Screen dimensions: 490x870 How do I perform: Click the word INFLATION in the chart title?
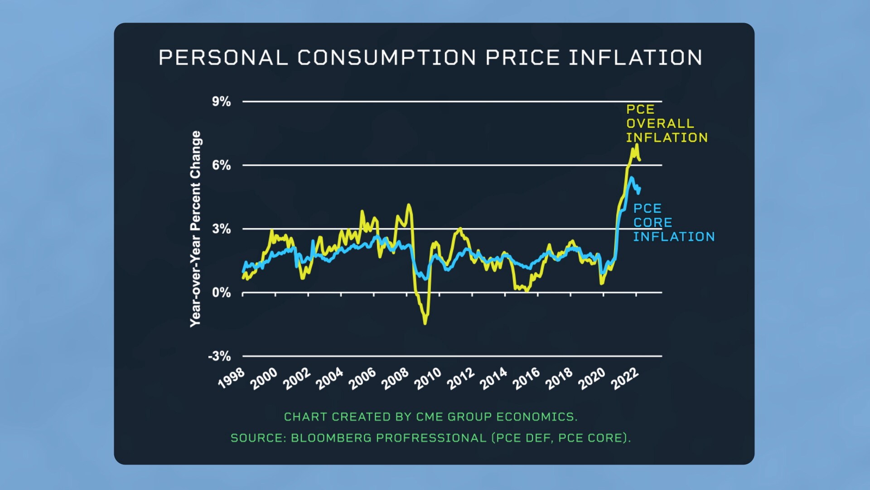(635, 58)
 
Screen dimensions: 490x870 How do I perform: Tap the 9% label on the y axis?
(221, 102)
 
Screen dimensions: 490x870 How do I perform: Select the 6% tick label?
(221, 165)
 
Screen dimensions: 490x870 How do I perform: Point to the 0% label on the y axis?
(221, 293)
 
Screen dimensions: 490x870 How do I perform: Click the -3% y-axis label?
(219, 356)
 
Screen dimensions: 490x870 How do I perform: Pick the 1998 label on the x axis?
(232, 378)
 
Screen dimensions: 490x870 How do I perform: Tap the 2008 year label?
(395, 378)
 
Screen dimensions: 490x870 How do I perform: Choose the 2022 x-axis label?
(625, 378)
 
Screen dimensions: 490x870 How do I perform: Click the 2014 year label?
(493, 378)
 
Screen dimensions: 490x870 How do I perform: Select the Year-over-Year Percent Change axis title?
(195, 229)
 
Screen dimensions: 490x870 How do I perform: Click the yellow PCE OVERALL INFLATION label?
(666, 123)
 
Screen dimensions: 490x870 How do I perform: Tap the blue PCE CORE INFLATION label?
(673, 222)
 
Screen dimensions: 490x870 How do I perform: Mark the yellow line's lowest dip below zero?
(425, 323)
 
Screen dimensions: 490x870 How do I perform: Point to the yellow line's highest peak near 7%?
(637, 145)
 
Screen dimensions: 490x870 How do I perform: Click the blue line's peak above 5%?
(631, 178)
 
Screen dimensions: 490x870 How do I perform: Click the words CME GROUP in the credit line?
(453, 416)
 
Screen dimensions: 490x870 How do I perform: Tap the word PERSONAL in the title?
(223, 58)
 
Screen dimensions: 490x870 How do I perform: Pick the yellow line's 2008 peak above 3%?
(409, 205)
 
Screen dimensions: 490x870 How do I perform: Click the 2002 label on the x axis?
(297, 378)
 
